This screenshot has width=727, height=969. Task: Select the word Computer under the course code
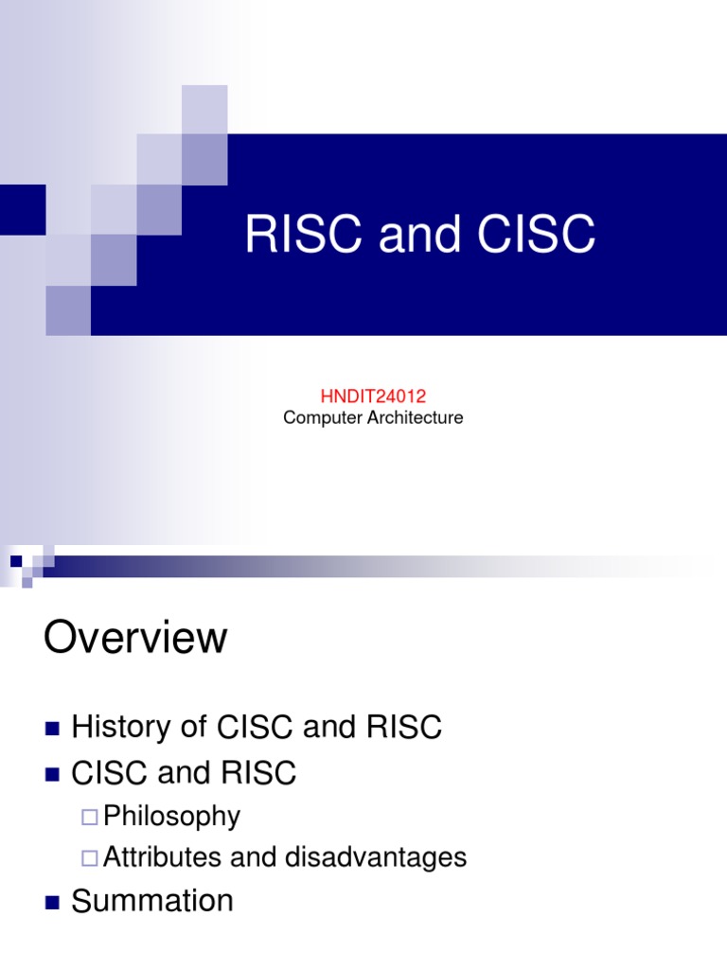(x=323, y=417)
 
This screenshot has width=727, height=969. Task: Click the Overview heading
(x=135, y=638)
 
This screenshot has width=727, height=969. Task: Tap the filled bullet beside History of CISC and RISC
(x=52, y=729)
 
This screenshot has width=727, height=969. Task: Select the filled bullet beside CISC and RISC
(x=52, y=775)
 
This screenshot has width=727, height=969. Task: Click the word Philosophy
(x=171, y=816)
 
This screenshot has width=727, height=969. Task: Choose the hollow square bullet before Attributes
(x=89, y=858)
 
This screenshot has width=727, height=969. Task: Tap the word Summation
(x=152, y=901)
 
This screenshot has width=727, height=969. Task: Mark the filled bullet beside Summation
(x=52, y=902)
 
